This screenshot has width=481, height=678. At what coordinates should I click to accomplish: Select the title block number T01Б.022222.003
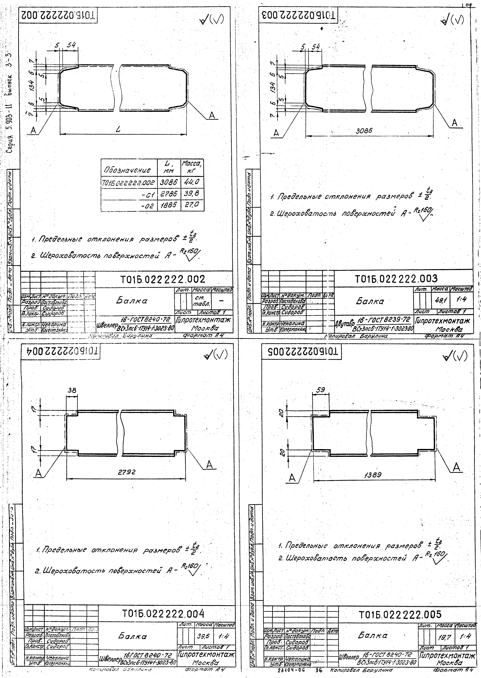[396, 278]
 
